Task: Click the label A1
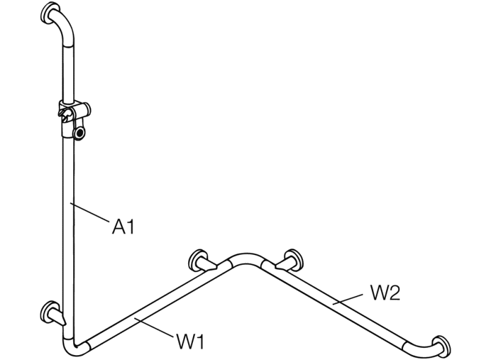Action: pyautogui.click(x=123, y=226)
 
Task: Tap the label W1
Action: pyautogui.click(x=191, y=341)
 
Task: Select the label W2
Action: pyautogui.click(x=385, y=293)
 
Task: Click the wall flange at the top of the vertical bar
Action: pyautogui.click(x=50, y=13)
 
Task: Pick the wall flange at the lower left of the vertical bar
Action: pyautogui.click(x=50, y=312)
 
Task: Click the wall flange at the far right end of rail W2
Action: pyautogui.click(x=442, y=346)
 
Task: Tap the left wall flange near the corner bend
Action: pyautogui.click(x=198, y=260)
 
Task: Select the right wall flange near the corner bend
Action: pyautogui.click(x=293, y=259)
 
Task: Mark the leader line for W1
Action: pyautogui.click(x=154, y=327)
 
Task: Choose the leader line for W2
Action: pyautogui.click(x=347, y=298)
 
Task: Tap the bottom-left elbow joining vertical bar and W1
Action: pyautogui.click(x=75, y=347)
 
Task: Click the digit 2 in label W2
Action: pyautogui.click(x=395, y=293)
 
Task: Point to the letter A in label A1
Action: pyautogui.click(x=118, y=226)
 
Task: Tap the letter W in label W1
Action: pyautogui.click(x=186, y=341)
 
